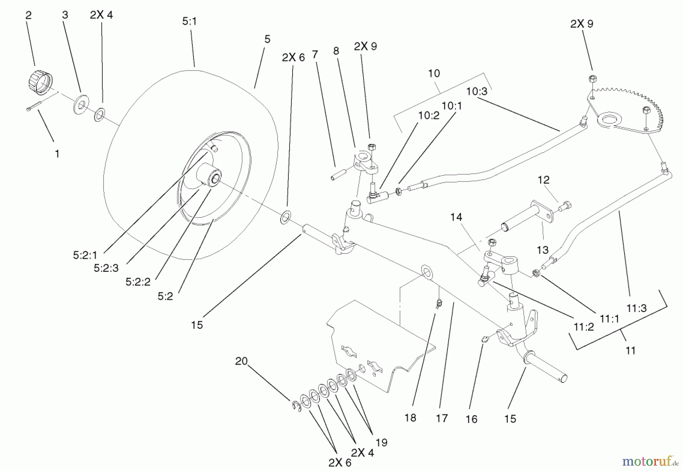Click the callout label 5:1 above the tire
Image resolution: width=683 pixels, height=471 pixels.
pyautogui.click(x=189, y=22)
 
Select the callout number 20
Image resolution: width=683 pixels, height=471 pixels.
pyautogui.click(x=241, y=361)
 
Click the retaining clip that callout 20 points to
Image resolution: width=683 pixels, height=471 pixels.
pyautogui.click(x=297, y=406)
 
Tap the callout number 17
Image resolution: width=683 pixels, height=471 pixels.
pyautogui.click(x=442, y=418)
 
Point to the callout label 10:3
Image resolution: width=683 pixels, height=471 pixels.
pyautogui.click(x=477, y=91)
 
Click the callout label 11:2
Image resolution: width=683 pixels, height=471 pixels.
pyautogui.click(x=584, y=327)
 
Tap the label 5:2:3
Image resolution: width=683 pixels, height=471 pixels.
pyautogui.click(x=106, y=268)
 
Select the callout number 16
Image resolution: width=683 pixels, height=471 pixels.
pyautogui.click(x=471, y=419)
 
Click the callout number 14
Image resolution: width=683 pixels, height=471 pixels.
pyautogui.click(x=456, y=217)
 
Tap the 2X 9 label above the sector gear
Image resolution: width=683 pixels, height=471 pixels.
pyautogui.click(x=582, y=24)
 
